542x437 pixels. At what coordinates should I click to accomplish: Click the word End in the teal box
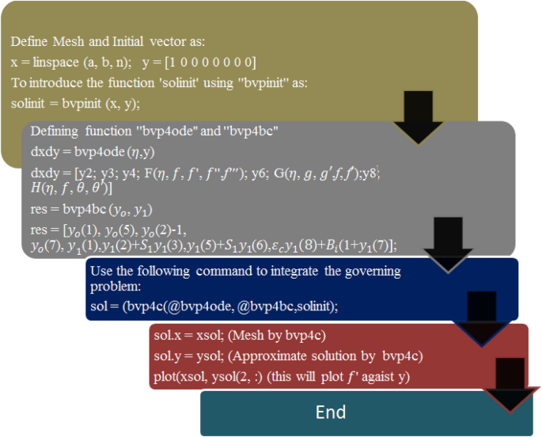click(331, 412)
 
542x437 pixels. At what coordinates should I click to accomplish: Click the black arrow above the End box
click(511, 382)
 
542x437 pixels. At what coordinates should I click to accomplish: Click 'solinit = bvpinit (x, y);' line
click(75, 103)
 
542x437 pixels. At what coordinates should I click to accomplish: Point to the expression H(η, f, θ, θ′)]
click(70, 188)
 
